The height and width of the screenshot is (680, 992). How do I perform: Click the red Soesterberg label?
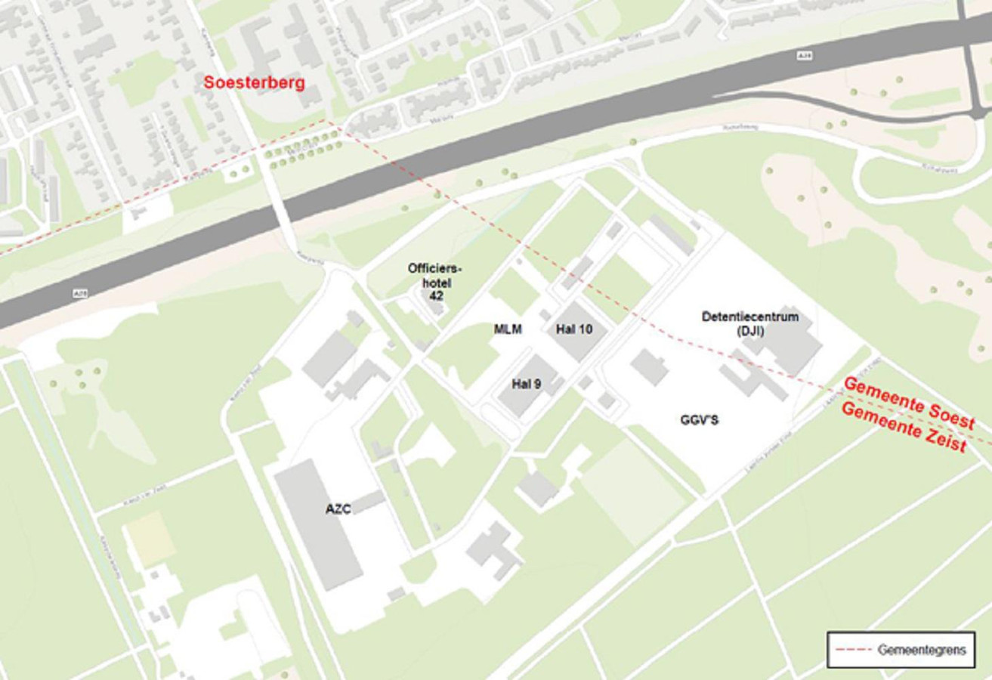tap(254, 82)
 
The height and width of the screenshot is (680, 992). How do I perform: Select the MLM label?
tap(508, 329)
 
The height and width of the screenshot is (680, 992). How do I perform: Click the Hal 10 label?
tap(574, 329)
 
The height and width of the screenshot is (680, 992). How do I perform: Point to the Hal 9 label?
tap(526, 384)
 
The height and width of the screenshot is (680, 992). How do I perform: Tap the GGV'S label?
tap(699, 420)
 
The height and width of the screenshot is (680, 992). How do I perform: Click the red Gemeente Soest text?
tap(908, 402)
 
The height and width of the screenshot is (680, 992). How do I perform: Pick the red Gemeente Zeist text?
tap(904, 428)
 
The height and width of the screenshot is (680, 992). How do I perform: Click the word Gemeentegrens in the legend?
tap(921, 650)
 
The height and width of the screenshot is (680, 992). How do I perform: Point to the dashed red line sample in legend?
tap(853, 650)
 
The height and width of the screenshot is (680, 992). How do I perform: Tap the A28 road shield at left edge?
tap(80, 292)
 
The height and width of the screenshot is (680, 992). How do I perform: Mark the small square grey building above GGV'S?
tap(648, 366)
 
